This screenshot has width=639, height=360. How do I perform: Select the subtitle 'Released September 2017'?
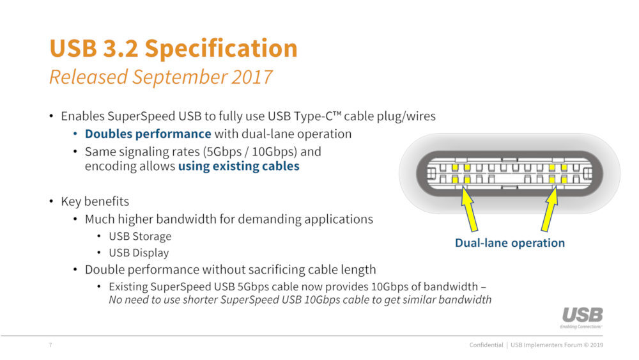tap(160, 77)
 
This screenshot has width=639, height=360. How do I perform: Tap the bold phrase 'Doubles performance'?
tap(148, 134)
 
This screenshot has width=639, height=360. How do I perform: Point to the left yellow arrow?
tap(469, 211)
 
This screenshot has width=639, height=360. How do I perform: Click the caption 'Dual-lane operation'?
tap(509, 243)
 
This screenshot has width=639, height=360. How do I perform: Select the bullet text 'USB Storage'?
tap(140, 237)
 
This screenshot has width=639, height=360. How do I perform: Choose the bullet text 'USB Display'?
tap(139, 253)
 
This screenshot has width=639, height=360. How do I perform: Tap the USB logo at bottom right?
tap(581, 317)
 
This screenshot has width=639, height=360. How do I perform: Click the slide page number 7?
tap(50, 346)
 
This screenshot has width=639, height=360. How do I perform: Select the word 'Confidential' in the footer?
tap(486, 346)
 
